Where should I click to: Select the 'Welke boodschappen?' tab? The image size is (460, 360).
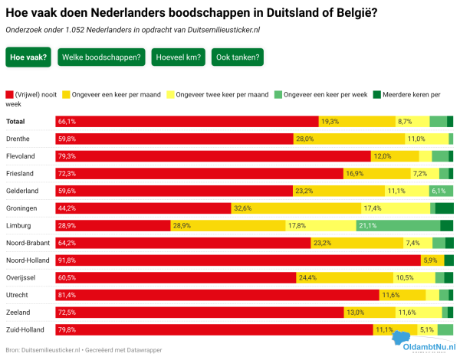point(102,57)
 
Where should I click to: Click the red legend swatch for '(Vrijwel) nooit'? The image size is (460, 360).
point(9,94)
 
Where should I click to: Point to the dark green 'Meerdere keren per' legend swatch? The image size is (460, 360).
point(377,94)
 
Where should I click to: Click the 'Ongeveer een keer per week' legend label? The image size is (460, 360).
point(326,94)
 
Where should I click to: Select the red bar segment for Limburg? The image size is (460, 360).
point(113,225)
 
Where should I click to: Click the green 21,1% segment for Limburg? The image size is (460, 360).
point(398,225)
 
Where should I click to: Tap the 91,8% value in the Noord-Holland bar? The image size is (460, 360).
point(67,260)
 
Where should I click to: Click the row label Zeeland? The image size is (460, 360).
point(18,313)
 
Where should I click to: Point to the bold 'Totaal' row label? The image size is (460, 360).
point(16,121)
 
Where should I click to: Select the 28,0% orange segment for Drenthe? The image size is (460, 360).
point(348,139)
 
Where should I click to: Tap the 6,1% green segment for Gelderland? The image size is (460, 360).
point(441,191)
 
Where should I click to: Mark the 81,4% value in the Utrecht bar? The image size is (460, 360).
point(67,295)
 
